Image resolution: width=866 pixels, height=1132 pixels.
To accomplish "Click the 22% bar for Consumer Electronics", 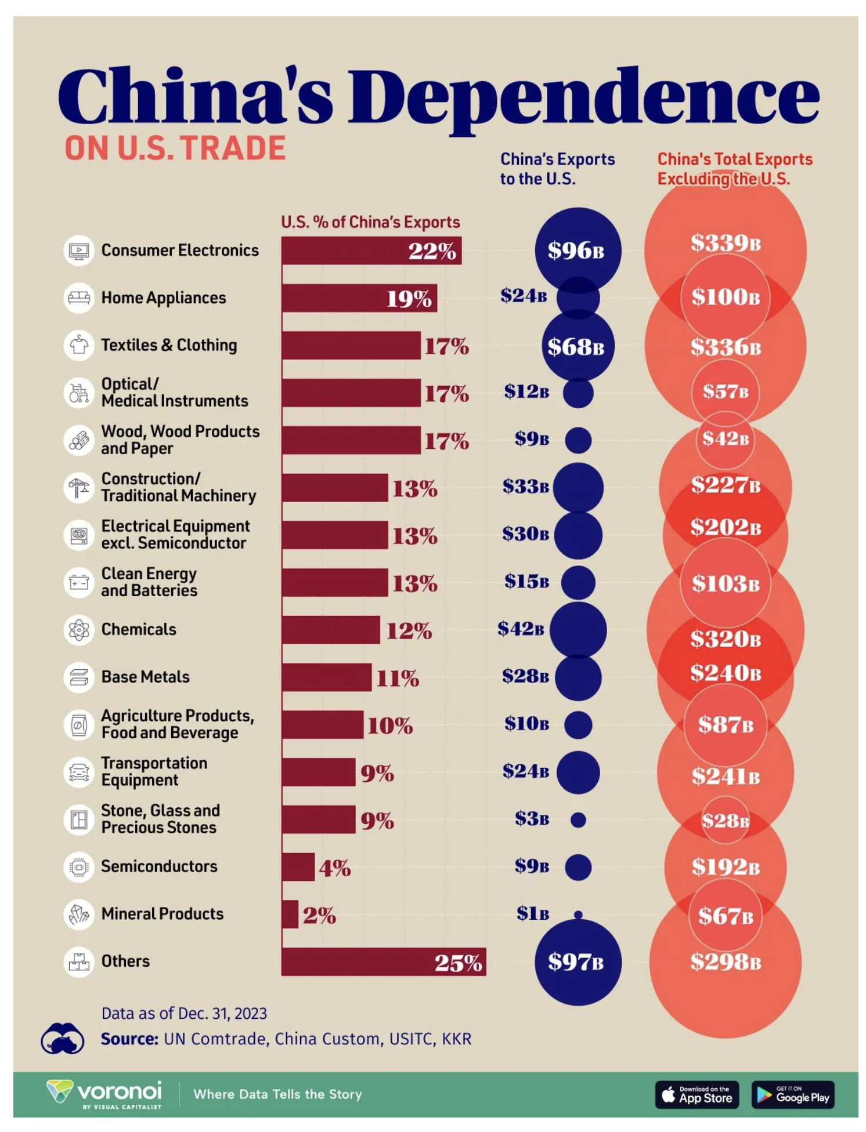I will click(x=371, y=251).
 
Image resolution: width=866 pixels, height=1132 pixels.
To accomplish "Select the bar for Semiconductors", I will click(x=298, y=867).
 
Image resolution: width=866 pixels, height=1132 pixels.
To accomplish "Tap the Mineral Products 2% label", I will click(x=319, y=915).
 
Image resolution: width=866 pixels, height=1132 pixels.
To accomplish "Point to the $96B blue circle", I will click(x=578, y=251).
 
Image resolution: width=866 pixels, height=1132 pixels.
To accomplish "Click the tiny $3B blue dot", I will click(x=578, y=819).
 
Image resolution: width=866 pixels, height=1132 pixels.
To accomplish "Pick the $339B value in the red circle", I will click(x=726, y=243).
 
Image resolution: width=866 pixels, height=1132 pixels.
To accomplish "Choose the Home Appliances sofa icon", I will click(x=79, y=298).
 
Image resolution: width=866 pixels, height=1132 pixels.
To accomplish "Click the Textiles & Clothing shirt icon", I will click(x=79, y=346).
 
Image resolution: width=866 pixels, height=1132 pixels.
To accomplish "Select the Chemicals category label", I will click(x=139, y=630).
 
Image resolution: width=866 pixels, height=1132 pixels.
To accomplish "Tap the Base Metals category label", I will click(x=146, y=677).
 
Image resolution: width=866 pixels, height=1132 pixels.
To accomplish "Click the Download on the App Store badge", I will click(x=697, y=1095).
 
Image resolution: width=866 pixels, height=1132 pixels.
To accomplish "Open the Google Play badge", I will click(x=793, y=1095).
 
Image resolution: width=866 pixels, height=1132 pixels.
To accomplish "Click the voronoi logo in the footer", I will click(x=104, y=1094).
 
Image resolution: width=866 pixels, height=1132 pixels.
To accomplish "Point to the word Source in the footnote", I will click(x=129, y=1039).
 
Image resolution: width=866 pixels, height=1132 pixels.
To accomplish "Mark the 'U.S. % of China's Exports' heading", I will click(x=370, y=222).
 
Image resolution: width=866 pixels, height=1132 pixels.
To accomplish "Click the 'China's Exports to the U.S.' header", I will click(x=557, y=169).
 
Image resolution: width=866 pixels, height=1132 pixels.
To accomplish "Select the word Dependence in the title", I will click(x=583, y=96).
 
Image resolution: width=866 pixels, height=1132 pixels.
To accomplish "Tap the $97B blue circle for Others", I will click(x=578, y=962).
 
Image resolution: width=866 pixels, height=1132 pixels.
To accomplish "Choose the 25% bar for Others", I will click(x=383, y=962).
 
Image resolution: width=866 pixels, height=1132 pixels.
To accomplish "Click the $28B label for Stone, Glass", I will click(x=726, y=821).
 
